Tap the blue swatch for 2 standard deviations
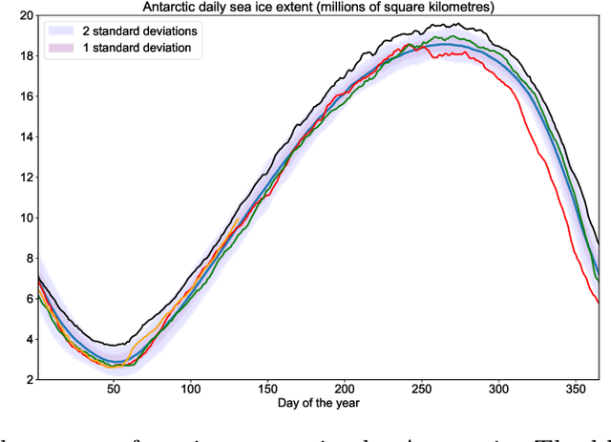[63, 31]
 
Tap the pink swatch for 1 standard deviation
[63, 48]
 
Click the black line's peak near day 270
[456, 24]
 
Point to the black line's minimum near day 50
[114, 345]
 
